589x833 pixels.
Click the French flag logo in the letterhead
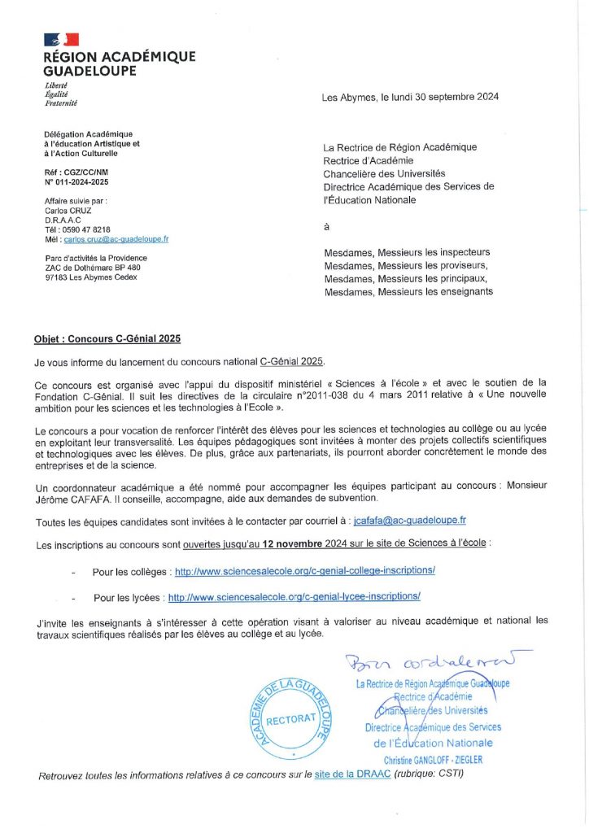[x=61, y=39]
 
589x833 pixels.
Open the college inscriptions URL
[x=304, y=571]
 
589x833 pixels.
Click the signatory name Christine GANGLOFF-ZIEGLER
[x=433, y=760]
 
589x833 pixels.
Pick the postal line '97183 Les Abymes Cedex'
[x=91, y=277]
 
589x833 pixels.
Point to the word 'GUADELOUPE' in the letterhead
[x=90, y=71]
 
